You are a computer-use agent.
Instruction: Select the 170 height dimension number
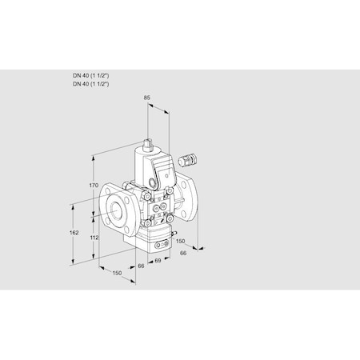(93, 186)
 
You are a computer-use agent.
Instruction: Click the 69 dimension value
(158, 261)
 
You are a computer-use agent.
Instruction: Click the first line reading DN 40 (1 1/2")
(90, 75)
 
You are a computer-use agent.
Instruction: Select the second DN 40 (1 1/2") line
(90, 83)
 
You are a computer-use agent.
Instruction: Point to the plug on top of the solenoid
(148, 145)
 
